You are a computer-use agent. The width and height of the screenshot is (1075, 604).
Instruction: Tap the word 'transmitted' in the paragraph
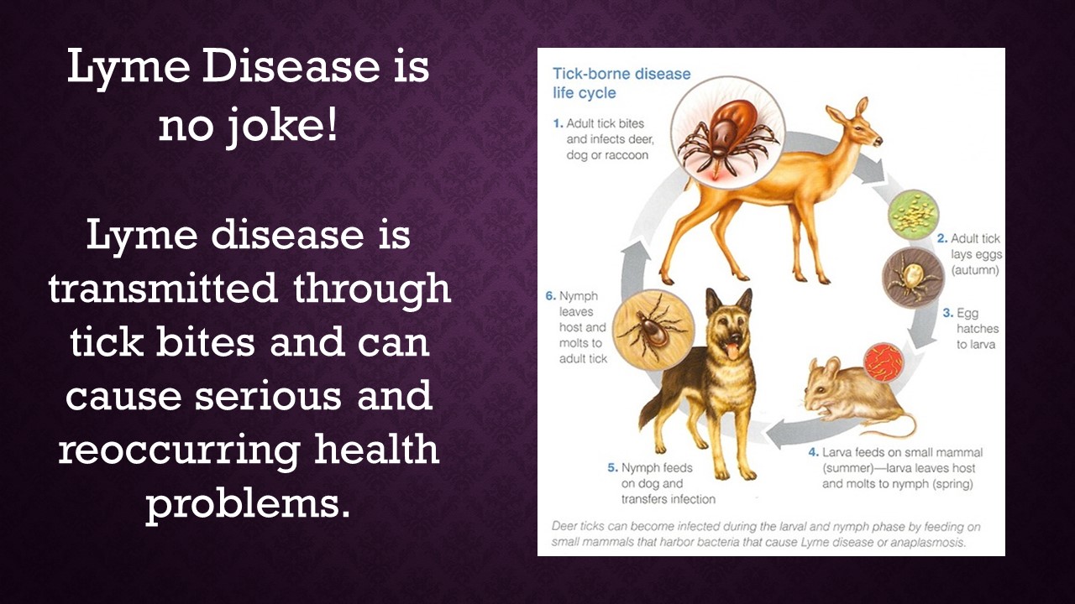[x=163, y=289]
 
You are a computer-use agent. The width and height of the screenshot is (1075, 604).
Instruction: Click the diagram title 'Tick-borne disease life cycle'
[x=621, y=83]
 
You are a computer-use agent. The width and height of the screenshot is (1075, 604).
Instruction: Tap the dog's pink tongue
[x=731, y=352]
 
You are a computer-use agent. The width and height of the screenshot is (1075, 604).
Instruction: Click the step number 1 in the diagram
[x=558, y=123]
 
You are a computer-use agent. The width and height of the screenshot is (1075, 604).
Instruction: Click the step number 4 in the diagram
[x=813, y=452]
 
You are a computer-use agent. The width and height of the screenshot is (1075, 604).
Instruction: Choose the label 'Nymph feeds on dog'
[x=651, y=476]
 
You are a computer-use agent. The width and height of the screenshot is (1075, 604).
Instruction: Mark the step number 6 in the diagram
[x=550, y=296]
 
